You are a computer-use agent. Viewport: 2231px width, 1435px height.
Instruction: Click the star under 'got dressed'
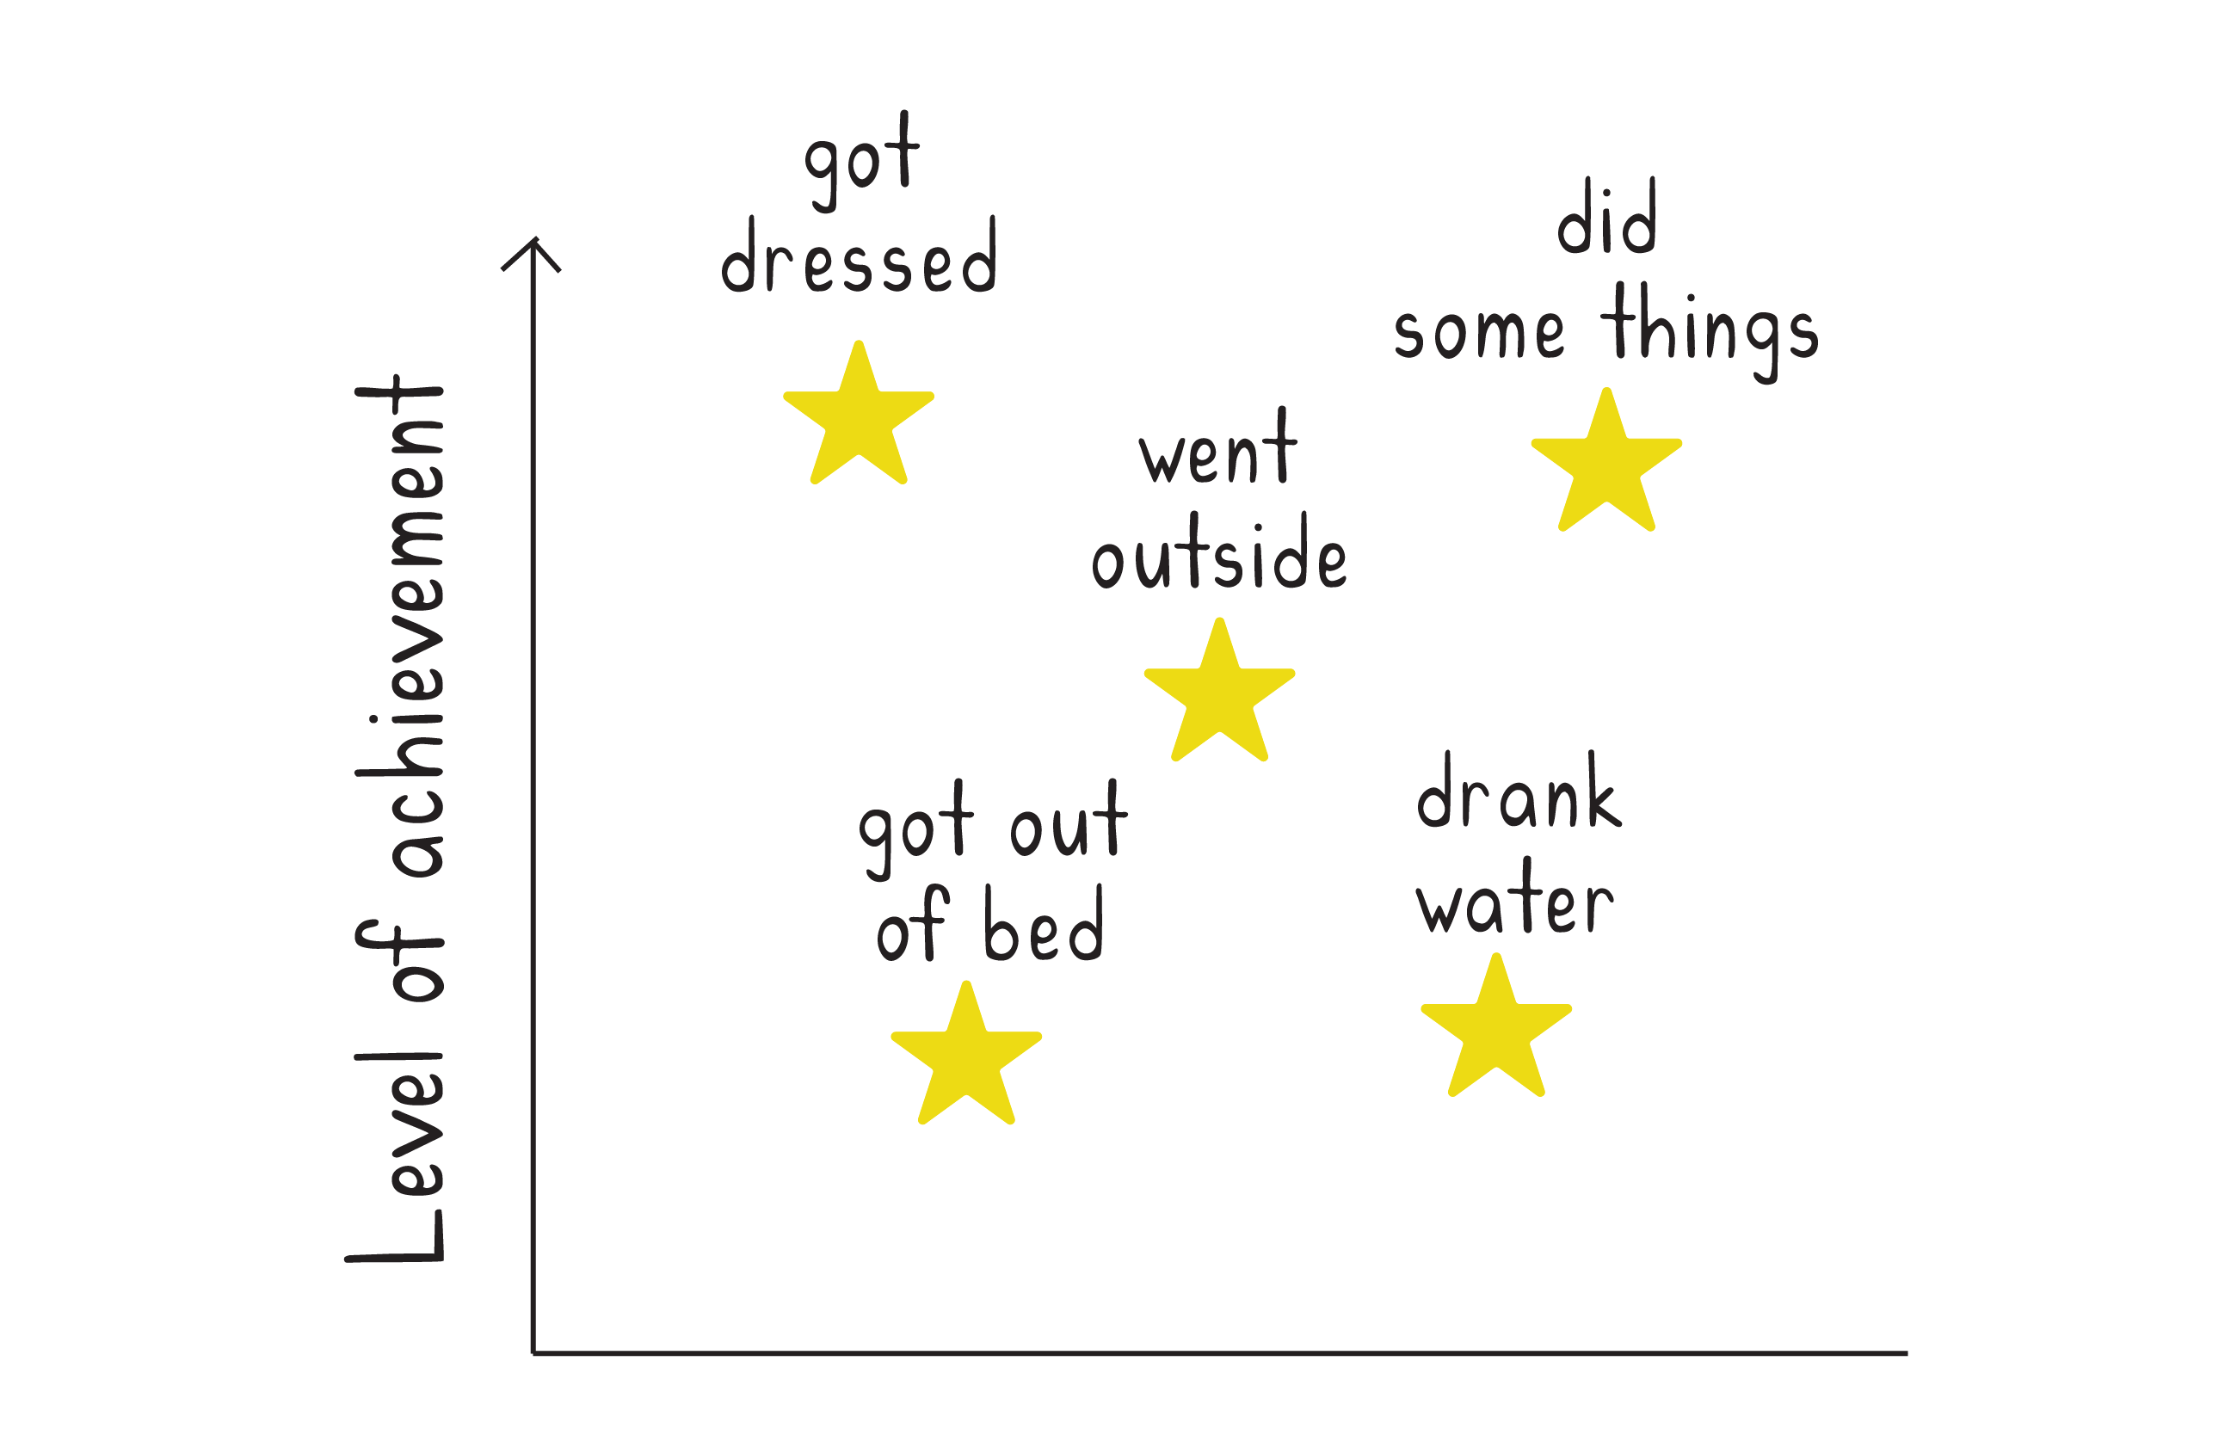[859, 418]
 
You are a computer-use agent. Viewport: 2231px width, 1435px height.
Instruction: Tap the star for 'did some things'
[1605, 466]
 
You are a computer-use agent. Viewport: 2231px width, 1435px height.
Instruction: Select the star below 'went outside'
[1219, 695]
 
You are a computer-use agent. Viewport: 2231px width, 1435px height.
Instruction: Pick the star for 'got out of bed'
[965, 1060]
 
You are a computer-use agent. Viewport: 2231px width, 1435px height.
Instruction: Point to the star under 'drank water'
[1495, 1032]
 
